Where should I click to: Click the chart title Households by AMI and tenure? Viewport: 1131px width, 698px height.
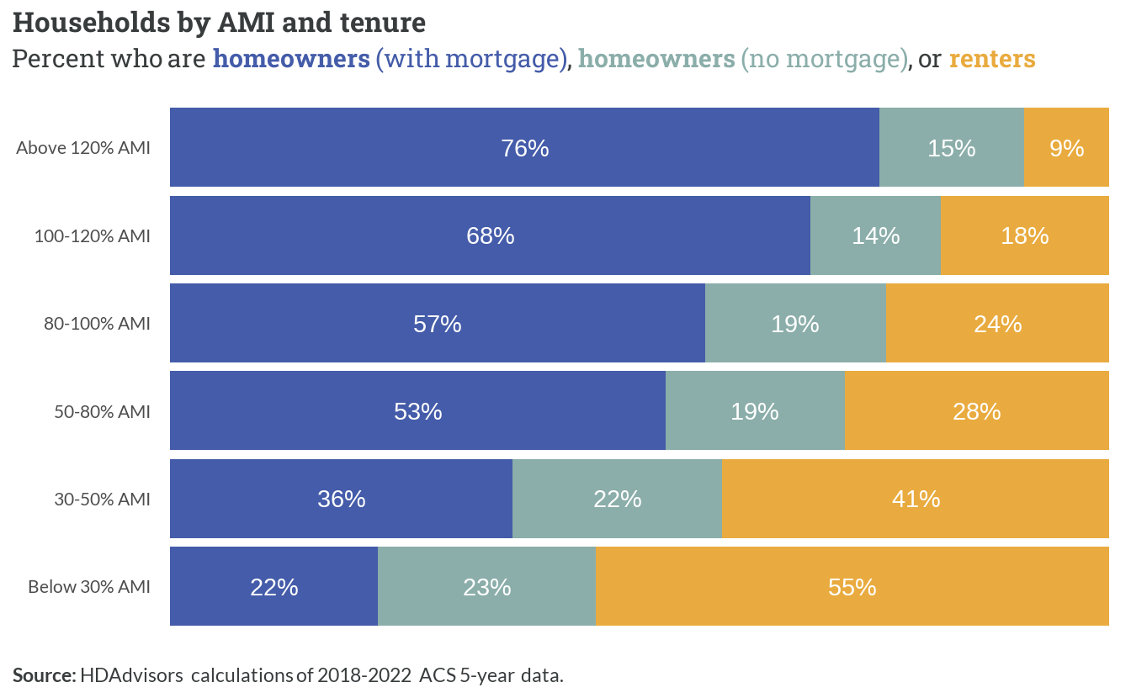[219, 23]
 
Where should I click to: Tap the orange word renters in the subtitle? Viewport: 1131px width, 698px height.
[992, 59]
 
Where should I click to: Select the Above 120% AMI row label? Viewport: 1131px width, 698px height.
[83, 148]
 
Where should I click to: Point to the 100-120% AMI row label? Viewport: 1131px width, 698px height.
[93, 235]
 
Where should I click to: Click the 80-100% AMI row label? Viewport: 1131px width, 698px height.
[97, 324]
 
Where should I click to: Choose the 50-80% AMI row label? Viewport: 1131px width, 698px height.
[103, 412]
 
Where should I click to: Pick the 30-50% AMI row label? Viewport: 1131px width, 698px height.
[103, 500]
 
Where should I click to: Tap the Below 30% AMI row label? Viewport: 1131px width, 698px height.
[89, 587]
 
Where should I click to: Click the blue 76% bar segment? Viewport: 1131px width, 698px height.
[524, 147]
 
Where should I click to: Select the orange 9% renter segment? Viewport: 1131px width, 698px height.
[1066, 147]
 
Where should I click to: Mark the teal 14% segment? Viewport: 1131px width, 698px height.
[875, 235]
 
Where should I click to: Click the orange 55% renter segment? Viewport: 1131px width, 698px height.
[852, 586]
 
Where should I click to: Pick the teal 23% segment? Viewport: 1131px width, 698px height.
[486, 586]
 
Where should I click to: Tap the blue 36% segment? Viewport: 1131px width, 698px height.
[342, 499]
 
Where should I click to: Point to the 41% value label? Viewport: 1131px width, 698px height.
[916, 500]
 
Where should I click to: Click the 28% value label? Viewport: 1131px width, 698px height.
[976, 412]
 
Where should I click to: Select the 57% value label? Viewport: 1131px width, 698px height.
[438, 324]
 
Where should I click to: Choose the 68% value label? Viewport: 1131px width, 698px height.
[491, 235]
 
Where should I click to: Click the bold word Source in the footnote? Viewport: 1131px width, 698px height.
[45, 675]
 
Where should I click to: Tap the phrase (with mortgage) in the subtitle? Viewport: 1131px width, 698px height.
[471, 60]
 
